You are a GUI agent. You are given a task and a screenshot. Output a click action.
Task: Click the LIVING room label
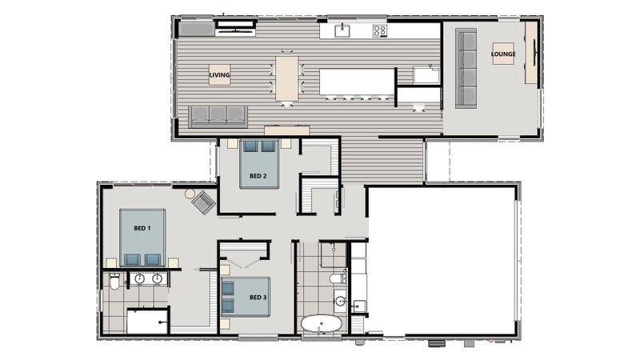219,75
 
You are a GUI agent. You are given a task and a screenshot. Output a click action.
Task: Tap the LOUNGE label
503,54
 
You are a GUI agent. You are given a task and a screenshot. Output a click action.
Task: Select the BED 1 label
142,228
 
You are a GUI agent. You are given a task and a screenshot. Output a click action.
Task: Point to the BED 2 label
258,176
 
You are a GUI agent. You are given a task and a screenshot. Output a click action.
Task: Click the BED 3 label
258,298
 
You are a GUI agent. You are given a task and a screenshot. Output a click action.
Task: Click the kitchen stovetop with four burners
379,30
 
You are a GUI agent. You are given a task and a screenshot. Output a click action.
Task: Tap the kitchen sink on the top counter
342,30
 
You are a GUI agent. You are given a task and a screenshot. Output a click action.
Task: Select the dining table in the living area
286,78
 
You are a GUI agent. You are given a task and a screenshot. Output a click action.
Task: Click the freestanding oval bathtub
322,325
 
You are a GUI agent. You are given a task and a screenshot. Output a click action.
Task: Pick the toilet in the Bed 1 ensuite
114,282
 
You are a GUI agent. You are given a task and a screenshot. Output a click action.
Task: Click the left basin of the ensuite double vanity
139,278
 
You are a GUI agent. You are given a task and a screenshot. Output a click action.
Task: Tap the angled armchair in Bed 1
203,202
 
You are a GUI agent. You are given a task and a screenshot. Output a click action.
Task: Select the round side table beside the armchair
190,194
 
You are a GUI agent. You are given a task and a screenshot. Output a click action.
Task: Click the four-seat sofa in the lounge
466,69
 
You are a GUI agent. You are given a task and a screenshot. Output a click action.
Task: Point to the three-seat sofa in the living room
218,116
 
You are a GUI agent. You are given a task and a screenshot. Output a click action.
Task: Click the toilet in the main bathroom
338,278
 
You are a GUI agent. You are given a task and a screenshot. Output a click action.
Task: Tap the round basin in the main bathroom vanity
341,302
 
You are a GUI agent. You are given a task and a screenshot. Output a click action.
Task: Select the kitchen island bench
357,82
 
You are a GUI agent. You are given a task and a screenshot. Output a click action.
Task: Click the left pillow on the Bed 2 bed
250,146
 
